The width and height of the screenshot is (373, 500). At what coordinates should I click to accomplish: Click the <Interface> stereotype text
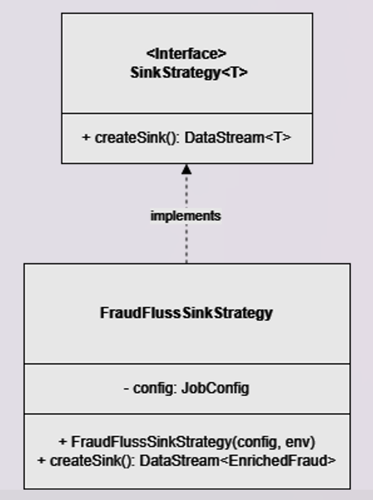[x=186, y=53]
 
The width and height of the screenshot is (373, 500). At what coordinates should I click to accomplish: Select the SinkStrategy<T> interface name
[x=188, y=73]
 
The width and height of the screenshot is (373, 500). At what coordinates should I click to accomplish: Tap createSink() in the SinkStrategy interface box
[x=135, y=138]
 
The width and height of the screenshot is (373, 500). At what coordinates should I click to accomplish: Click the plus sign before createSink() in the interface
[x=86, y=138]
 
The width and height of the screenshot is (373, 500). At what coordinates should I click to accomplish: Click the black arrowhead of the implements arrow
[x=186, y=169]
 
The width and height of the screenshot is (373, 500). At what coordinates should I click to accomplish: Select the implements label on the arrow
[x=185, y=216]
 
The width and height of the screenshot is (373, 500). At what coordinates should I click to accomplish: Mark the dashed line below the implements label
[x=186, y=244]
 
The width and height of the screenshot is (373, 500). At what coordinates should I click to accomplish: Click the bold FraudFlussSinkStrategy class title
[x=186, y=313]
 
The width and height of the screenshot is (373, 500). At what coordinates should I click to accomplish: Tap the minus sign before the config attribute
[x=127, y=388]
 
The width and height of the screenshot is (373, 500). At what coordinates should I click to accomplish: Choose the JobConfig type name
[x=215, y=388]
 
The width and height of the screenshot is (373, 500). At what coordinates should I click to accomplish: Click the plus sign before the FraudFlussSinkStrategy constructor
[x=62, y=442]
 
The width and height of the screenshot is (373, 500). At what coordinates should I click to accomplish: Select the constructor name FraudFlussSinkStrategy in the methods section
[x=150, y=442]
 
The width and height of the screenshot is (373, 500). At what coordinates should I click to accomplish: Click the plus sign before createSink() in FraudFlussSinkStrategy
[x=42, y=461]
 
